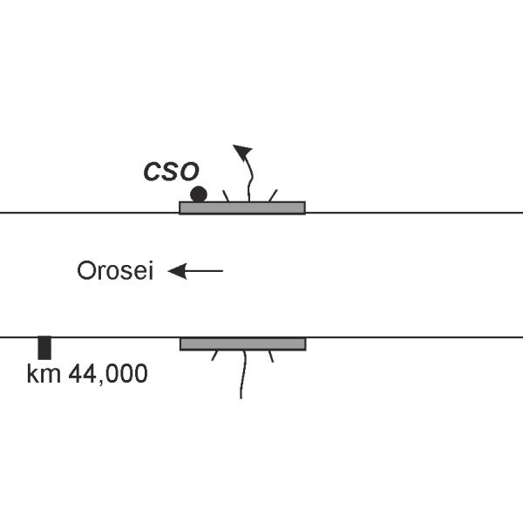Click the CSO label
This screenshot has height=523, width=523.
point(171,171)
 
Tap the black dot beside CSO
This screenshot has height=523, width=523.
point(199,194)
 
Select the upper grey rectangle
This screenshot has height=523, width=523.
point(242,207)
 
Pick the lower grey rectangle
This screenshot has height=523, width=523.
point(242,344)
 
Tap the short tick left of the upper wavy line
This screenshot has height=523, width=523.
point(226,195)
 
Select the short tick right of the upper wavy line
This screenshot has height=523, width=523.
point(273,194)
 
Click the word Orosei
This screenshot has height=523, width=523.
point(115,272)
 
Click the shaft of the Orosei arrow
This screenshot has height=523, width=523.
point(206,271)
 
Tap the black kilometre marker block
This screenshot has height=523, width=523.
point(44,347)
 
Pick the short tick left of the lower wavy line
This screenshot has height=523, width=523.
point(215,356)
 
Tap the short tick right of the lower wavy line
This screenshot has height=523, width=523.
point(271,356)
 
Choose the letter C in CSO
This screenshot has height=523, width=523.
point(153,171)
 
